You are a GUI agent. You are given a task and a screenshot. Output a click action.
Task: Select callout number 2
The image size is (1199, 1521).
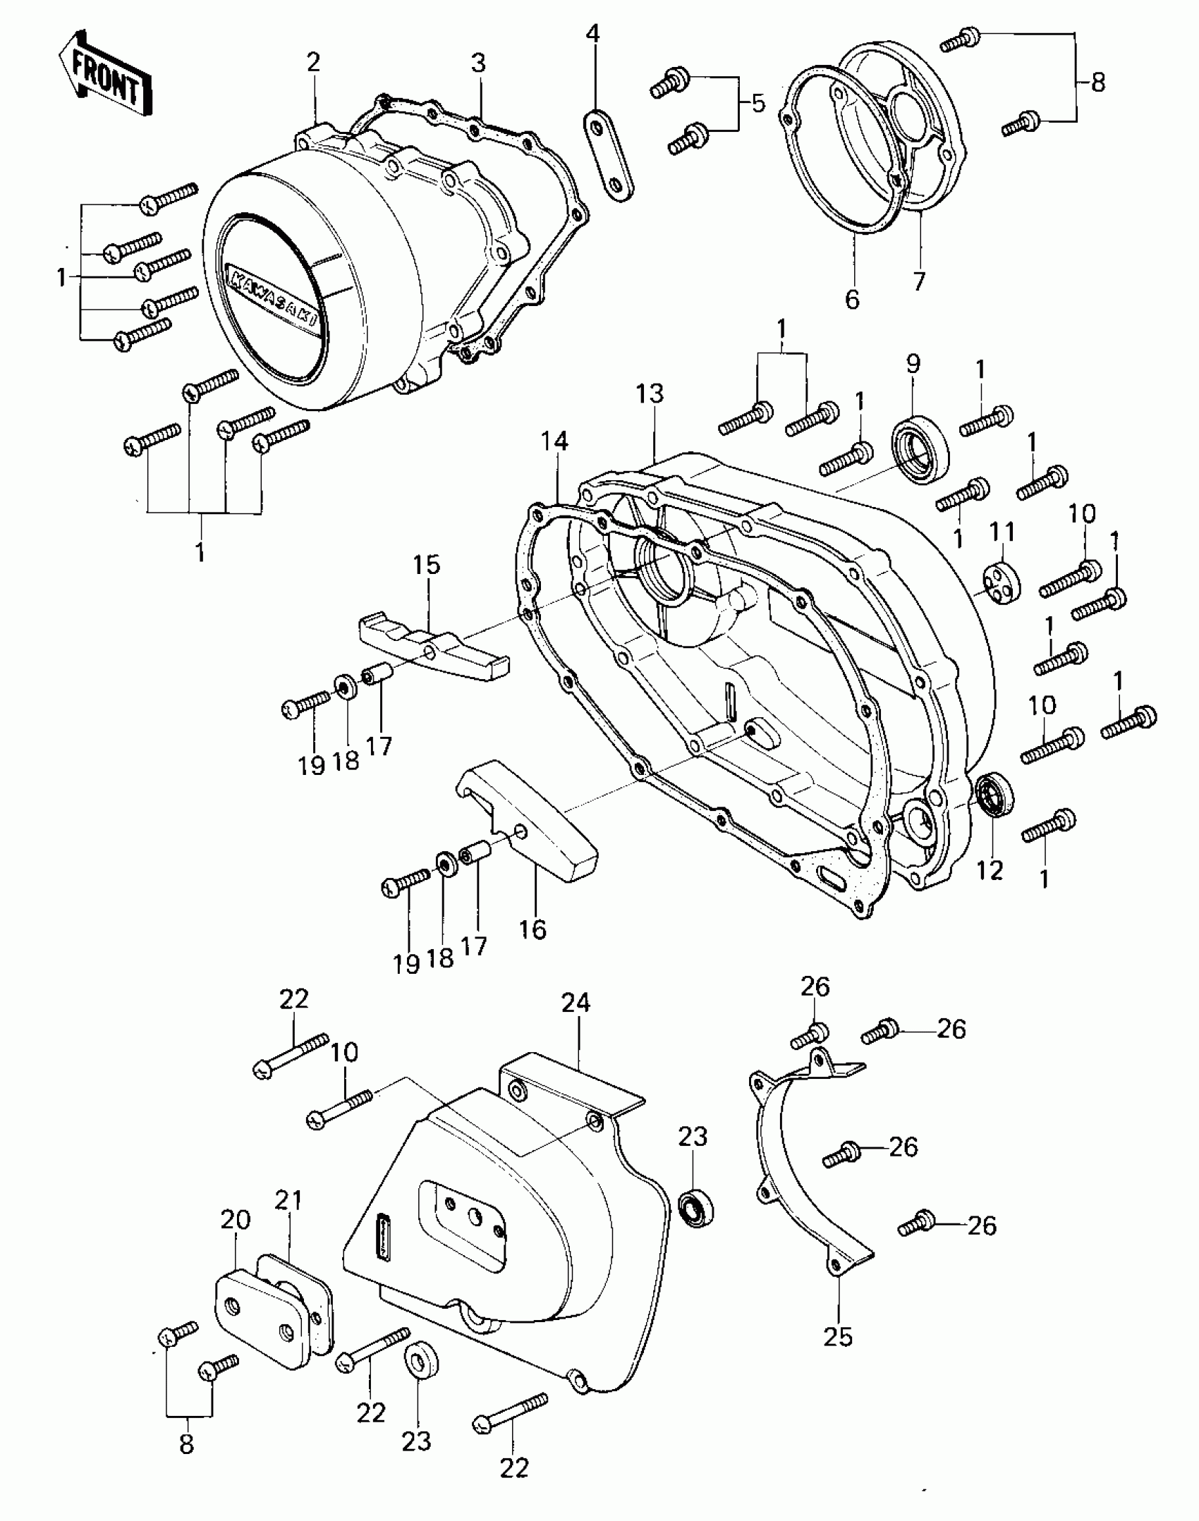(313, 63)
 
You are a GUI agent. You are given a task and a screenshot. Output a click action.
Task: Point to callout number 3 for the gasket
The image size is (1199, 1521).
(478, 63)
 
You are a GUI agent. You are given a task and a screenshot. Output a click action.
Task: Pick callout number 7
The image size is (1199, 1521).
(918, 281)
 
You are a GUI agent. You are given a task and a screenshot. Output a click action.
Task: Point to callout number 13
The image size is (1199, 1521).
(650, 394)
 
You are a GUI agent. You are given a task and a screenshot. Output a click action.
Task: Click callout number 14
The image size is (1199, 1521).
(554, 442)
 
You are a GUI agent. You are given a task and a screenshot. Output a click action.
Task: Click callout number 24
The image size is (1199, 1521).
(576, 1003)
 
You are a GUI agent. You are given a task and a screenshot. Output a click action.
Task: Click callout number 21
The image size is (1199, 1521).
(288, 1200)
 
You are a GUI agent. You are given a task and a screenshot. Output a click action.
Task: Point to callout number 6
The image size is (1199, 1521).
(852, 300)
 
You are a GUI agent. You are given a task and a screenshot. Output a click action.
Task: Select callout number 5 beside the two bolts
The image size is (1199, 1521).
(758, 104)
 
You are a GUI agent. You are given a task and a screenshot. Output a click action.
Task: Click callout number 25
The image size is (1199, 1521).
(839, 1336)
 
